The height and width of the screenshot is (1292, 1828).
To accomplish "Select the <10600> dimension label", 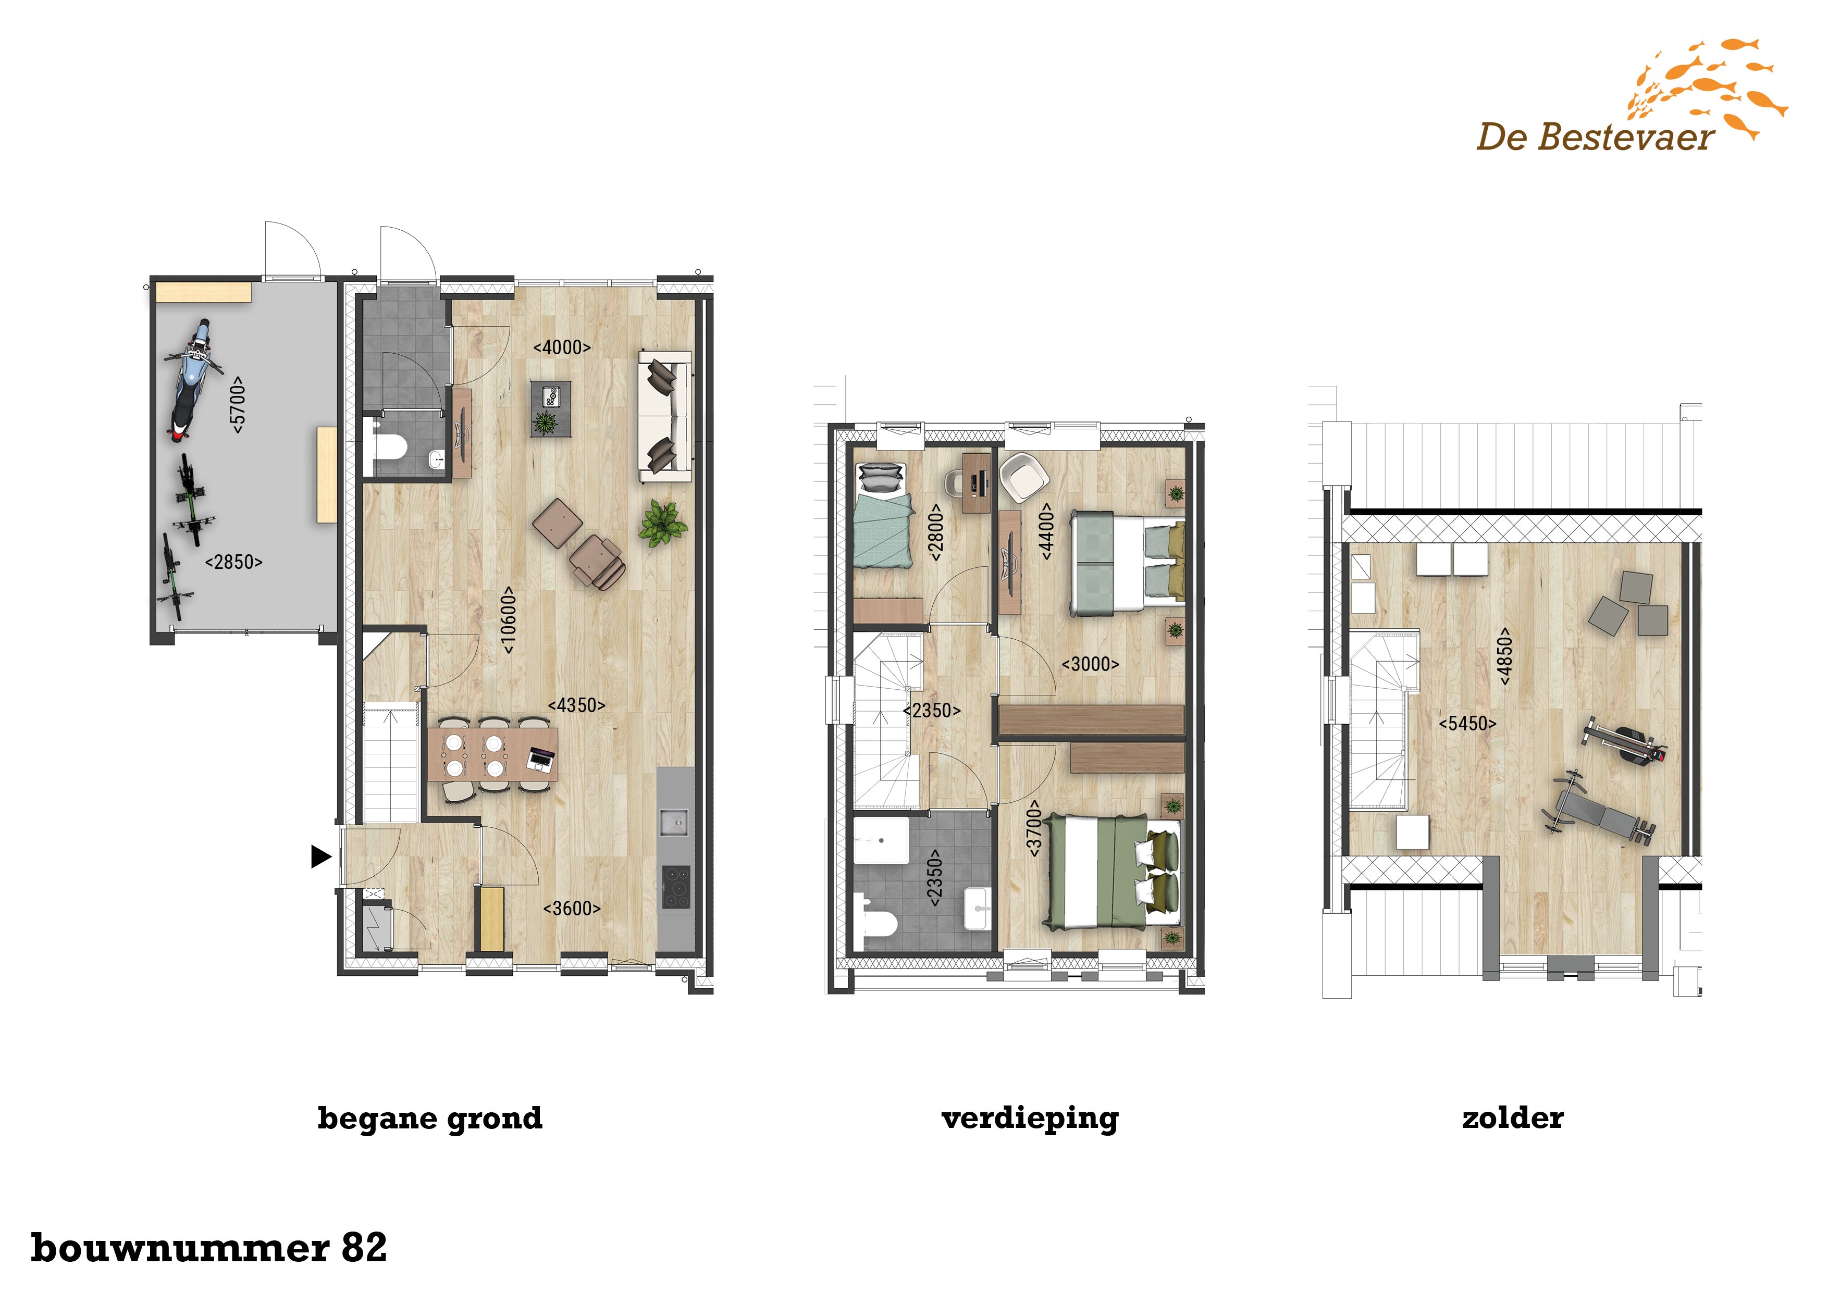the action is click(x=509, y=620).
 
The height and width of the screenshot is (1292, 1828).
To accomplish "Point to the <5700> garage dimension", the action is click(x=237, y=404).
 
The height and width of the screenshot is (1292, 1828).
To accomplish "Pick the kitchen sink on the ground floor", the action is click(x=674, y=822).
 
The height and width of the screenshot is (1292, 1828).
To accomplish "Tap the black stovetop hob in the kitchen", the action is click(x=676, y=886).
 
